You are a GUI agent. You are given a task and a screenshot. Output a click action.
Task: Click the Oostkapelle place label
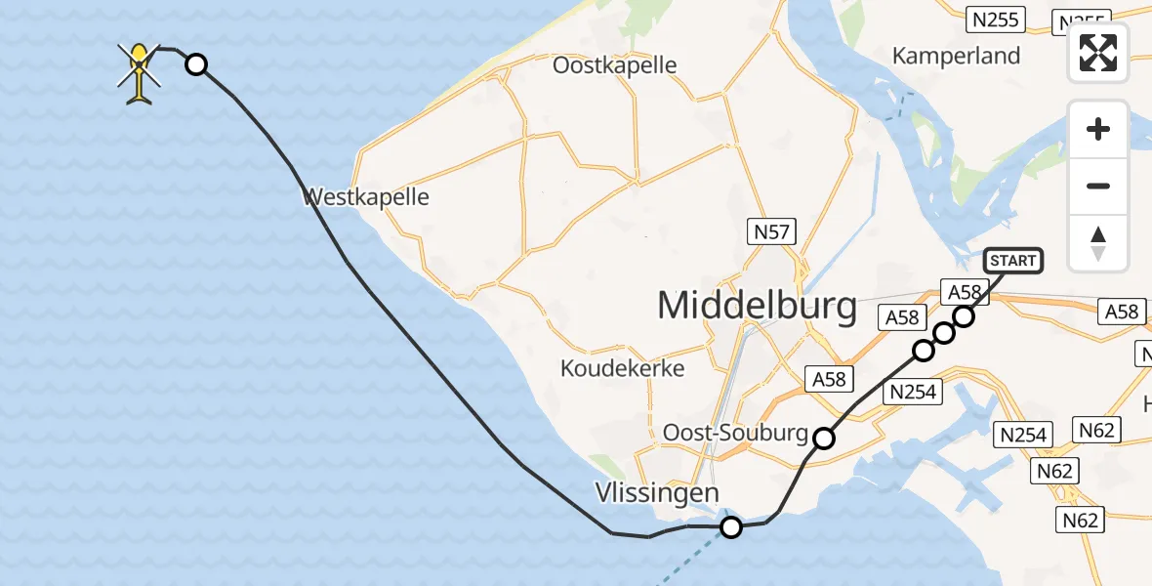614,65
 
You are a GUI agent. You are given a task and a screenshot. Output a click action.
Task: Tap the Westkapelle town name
366,197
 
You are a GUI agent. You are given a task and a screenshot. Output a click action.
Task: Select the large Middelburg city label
757,306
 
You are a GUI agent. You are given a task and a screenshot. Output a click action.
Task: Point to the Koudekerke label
622,368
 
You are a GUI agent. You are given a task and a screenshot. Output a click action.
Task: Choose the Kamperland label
956,56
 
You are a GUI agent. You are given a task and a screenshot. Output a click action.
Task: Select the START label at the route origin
1012,261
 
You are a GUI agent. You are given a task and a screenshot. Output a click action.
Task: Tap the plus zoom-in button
1098,129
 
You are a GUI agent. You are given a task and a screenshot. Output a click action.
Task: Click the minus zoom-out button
1098,186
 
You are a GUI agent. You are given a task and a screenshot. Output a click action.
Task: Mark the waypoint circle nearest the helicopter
196,64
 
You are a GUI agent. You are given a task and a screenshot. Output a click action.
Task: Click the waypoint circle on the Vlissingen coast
730,528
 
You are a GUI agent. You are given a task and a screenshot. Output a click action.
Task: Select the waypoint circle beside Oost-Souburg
825,439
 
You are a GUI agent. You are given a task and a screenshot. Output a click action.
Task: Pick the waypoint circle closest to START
965,315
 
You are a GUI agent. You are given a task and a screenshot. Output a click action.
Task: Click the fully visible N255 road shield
995,19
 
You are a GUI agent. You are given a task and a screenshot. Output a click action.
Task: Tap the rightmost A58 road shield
1122,312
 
